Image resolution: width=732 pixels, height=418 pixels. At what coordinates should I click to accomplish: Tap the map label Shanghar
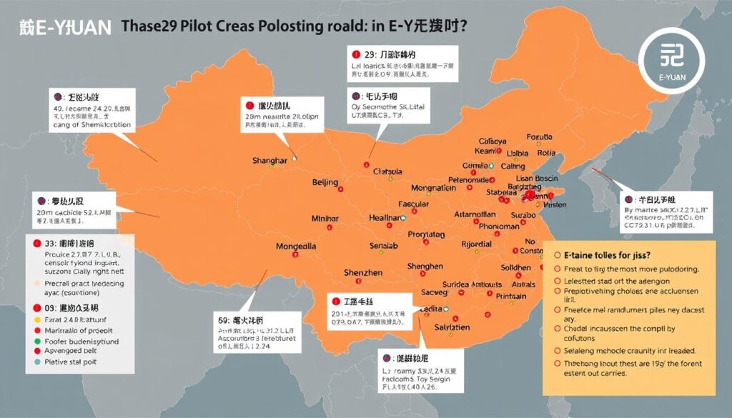pos(269,161)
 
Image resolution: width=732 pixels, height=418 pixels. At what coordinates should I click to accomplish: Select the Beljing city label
pos(325,183)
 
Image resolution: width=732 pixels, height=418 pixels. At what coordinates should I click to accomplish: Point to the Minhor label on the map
pos(329,219)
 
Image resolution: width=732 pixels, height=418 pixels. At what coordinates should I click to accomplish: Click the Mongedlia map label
pos(296,247)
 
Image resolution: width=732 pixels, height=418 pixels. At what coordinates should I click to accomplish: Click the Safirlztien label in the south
pos(445,327)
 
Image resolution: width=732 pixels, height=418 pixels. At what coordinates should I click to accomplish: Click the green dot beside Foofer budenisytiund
pos(37,342)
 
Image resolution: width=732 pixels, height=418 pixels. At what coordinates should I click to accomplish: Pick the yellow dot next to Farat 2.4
pos(37,321)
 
